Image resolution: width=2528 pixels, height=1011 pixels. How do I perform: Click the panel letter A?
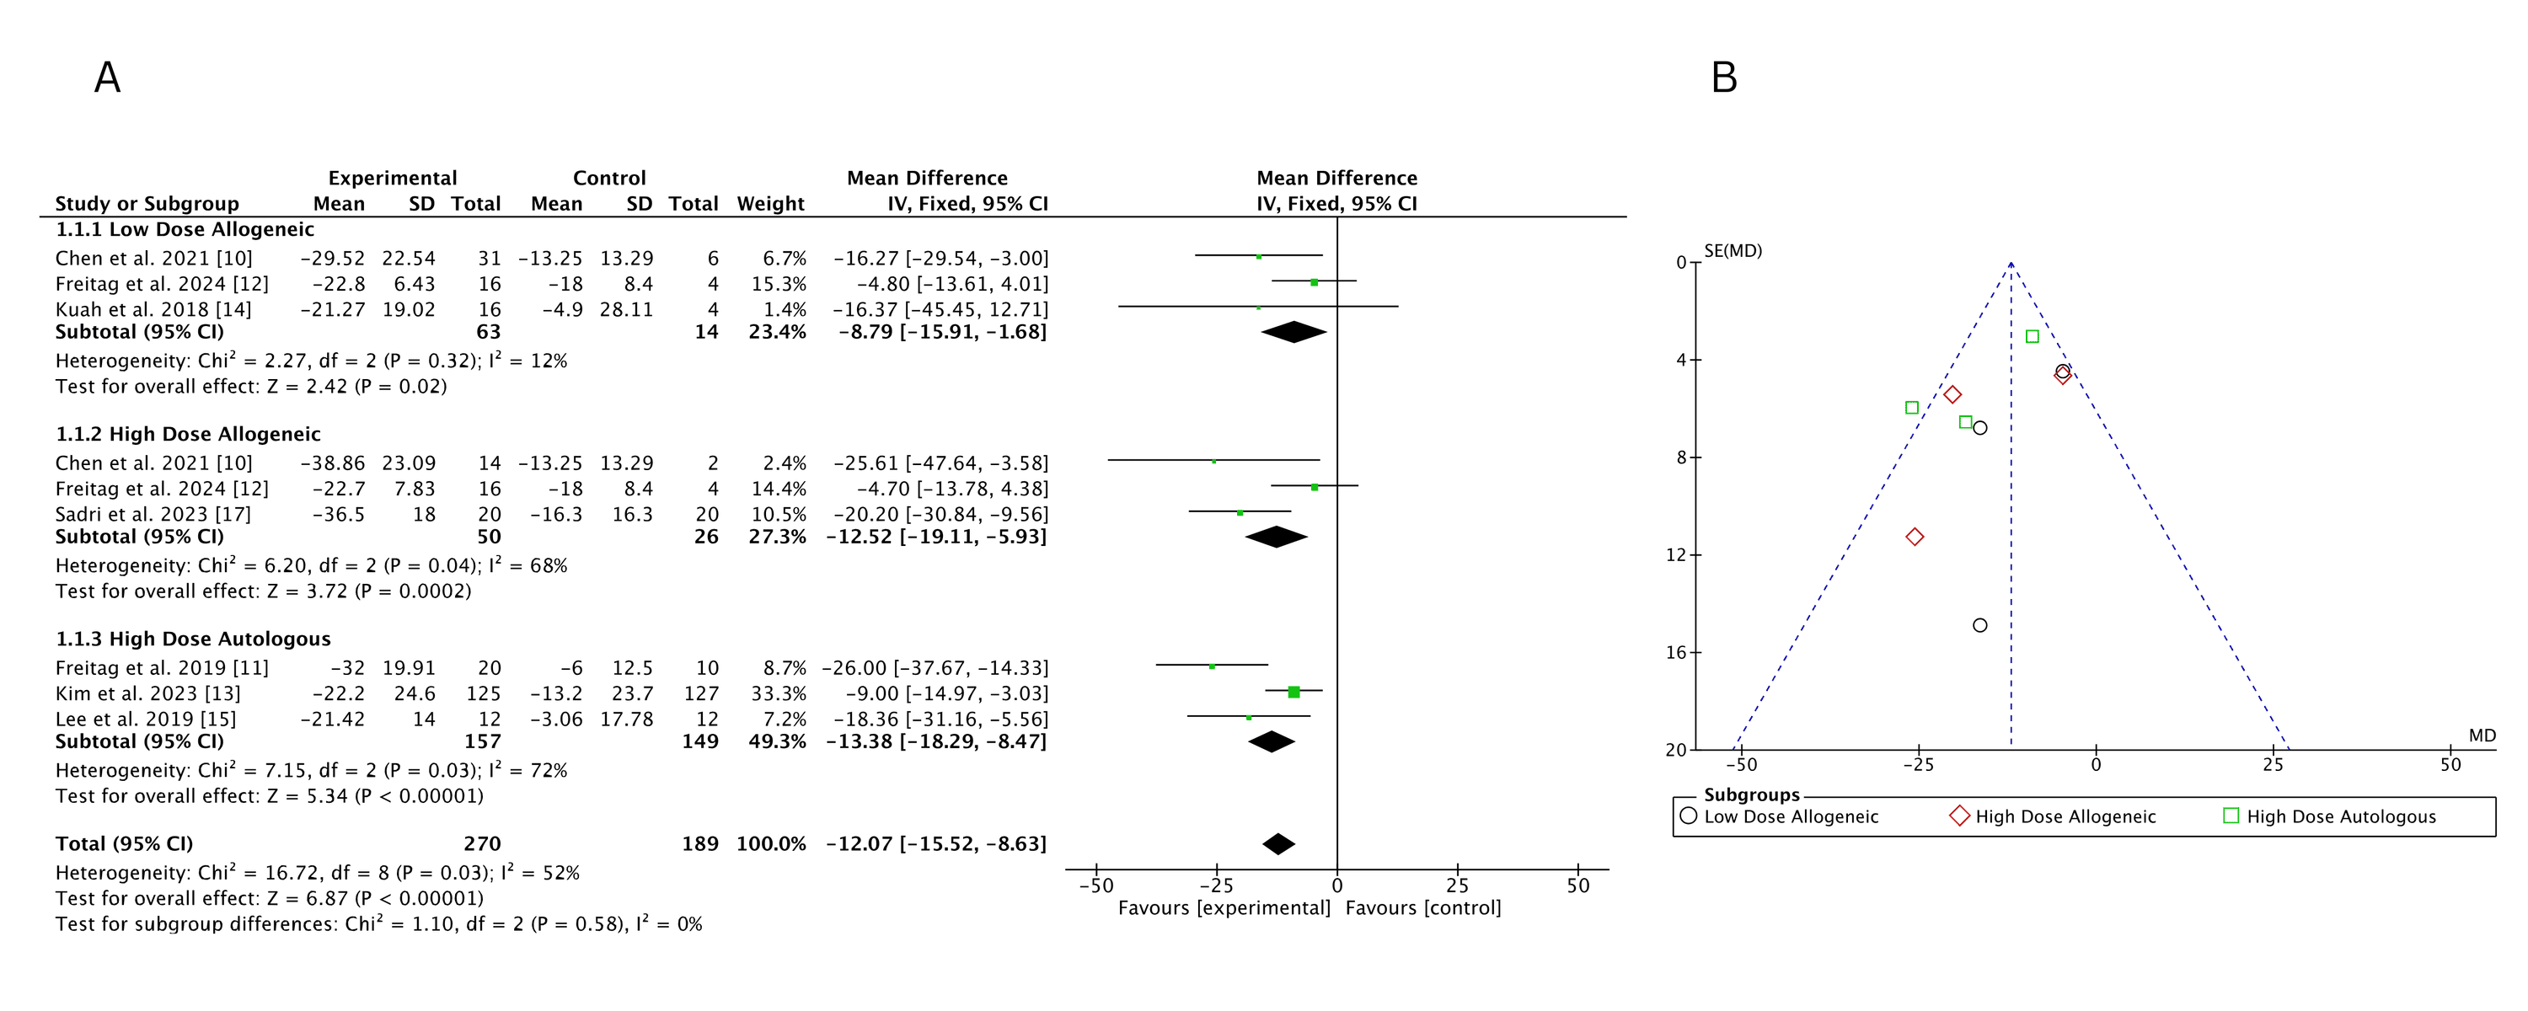point(107,78)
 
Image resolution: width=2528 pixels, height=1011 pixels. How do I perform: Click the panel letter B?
point(1723,78)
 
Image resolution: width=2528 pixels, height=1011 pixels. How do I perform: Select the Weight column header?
point(770,203)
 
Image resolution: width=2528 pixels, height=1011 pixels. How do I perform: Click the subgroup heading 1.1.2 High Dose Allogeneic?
point(187,434)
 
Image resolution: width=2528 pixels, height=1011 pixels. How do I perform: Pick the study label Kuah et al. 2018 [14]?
point(153,309)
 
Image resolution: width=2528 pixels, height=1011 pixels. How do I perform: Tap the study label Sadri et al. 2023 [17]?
point(153,514)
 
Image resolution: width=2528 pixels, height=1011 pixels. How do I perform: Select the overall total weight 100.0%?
point(770,843)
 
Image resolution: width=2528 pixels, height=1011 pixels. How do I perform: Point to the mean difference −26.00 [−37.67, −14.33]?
point(935,667)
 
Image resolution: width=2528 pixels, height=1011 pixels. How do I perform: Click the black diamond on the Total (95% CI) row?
point(1277,843)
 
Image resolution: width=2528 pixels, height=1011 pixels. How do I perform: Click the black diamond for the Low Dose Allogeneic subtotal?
point(1293,332)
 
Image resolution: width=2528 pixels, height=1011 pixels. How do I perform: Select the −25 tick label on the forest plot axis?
point(1216,885)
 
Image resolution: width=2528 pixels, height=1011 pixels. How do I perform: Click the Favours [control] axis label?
point(1422,908)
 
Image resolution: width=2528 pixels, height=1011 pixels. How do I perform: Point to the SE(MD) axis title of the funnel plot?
point(1733,251)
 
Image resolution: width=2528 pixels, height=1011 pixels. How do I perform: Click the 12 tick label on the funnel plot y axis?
point(1675,554)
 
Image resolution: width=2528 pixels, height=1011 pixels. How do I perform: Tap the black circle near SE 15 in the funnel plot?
point(1979,625)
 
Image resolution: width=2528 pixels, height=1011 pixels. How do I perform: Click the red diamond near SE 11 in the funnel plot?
point(1914,537)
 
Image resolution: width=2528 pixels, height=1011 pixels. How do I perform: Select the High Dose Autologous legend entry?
point(2341,816)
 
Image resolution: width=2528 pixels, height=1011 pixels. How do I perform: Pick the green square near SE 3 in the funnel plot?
point(2032,337)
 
